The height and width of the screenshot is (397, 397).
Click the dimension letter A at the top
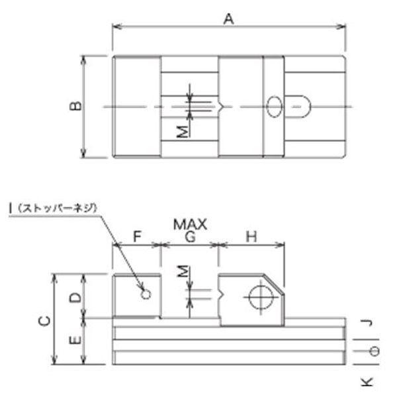tap(229, 19)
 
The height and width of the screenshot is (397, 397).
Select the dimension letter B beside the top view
tap(75, 106)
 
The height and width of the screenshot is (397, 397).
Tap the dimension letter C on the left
tap(44, 321)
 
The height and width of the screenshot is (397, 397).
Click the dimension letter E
tap(75, 340)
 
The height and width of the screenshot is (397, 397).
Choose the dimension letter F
tap(137, 236)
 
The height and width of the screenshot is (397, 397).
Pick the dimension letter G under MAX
tap(190, 236)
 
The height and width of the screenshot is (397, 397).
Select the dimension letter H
tap(251, 236)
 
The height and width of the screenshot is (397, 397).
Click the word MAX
tap(190, 224)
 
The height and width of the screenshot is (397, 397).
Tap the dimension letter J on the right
tap(367, 323)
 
